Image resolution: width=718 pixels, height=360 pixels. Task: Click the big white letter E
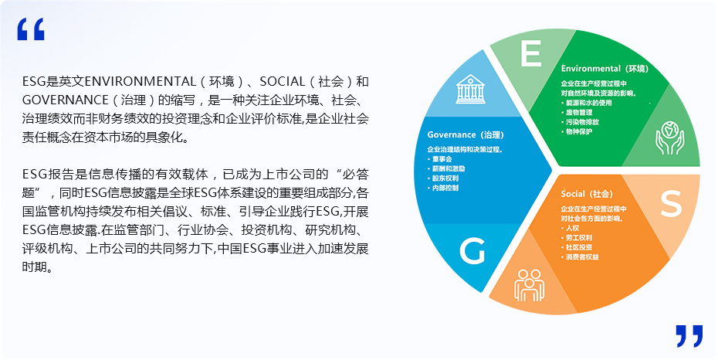(x=531, y=53)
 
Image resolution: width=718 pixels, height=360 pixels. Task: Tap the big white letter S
(x=671, y=203)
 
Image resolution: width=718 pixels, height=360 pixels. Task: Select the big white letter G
(x=472, y=251)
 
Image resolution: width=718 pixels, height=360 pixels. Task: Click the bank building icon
(x=470, y=89)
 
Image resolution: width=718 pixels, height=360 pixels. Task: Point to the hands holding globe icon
(x=669, y=138)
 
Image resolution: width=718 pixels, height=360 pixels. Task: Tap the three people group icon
(x=530, y=285)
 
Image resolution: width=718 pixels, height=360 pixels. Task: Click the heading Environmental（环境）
(x=605, y=69)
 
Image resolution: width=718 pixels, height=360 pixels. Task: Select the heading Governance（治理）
(x=466, y=134)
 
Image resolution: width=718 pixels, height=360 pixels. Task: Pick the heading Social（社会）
(x=587, y=194)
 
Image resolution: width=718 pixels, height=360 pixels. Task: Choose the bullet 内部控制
(x=443, y=188)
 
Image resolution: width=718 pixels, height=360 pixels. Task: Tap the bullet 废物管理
(x=577, y=112)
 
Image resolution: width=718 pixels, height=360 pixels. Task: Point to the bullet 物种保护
(x=577, y=131)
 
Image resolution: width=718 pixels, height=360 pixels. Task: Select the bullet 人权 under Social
(x=570, y=228)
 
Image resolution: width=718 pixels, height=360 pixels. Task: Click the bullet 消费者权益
(x=580, y=257)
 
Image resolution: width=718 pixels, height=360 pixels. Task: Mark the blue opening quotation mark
(x=31, y=29)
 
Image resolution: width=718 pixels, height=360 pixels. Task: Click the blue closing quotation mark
(x=689, y=336)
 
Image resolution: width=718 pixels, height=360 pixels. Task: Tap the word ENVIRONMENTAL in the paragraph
(x=141, y=82)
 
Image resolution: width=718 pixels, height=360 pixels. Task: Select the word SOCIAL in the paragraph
(x=282, y=82)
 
